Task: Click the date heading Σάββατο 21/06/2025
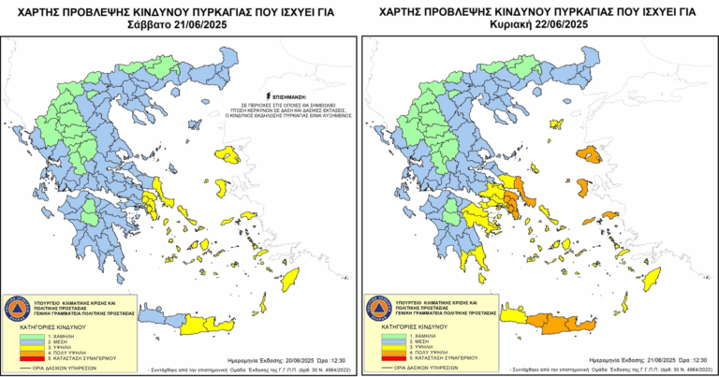pyautogui.click(x=179, y=24)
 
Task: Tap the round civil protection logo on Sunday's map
pyautogui.click(x=378, y=305)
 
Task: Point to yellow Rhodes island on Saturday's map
pyautogui.click(x=288, y=279)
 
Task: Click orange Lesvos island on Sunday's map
pyautogui.click(x=588, y=153)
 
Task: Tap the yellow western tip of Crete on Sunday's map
pyautogui.click(x=513, y=316)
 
